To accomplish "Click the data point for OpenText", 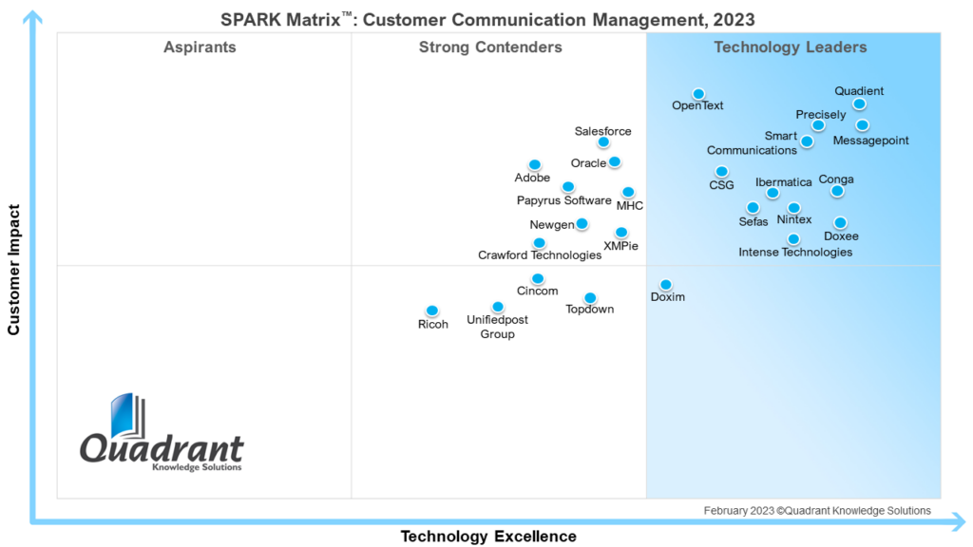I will (x=698, y=94).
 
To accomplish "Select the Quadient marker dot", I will (x=859, y=104).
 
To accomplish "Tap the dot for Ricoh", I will (x=431, y=311).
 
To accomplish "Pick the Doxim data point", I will (x=666, y=285).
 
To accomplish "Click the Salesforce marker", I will (x=603, y=142).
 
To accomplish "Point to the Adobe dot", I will (x=535, y=165).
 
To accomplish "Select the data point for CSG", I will (x=722, y=172).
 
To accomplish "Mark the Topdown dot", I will (x=590, y=298).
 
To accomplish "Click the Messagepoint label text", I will (x=870, y=141).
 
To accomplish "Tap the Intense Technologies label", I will (x=795, y=253).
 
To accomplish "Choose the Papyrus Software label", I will (x=563, y=200).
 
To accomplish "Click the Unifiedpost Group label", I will (x=497, y=327).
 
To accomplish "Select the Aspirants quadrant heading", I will (x=200, y=47).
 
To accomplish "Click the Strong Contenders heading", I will (x=490, y=47).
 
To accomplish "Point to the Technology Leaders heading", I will (x=791, y=47).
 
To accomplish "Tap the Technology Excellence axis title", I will (x=488, y=537).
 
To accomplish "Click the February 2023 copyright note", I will (x=817, y=511).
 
